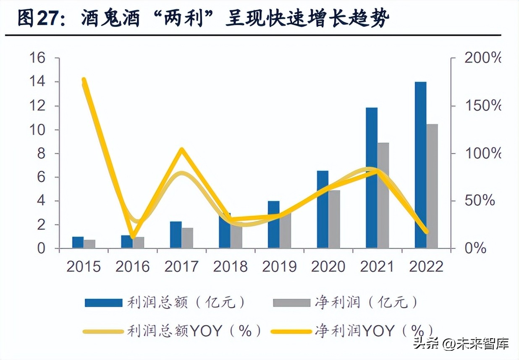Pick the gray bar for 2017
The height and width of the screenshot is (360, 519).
(187, 237)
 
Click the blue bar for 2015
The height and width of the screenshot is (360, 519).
(78, 243)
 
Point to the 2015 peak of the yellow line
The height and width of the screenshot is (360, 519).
(84, 80)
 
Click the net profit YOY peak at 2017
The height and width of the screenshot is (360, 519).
(181, 149)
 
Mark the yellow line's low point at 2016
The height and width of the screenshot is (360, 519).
(133, 237)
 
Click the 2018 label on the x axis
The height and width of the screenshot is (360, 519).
(230, 266)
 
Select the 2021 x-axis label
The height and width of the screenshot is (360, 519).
(377, 266)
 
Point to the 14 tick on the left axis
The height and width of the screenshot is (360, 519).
(37, 82)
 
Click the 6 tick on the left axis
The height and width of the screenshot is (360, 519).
(41, 177)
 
